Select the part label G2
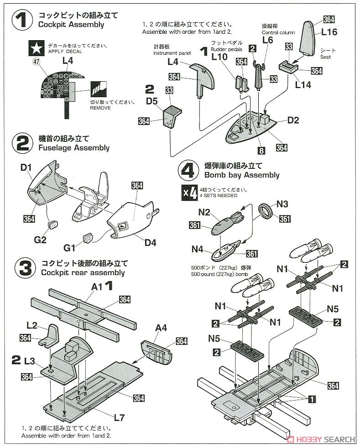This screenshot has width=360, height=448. [41, 239]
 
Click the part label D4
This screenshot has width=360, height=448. [150, 242]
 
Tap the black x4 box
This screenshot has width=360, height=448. [190, 193]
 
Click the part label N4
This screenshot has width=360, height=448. [197, 249]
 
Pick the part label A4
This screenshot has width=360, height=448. [162, 328]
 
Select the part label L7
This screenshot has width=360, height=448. [120, 417]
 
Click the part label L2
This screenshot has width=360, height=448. [31, 325]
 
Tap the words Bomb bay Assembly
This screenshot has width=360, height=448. [241, 175]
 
